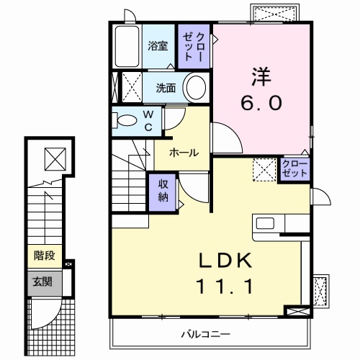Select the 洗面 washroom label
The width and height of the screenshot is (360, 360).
pos(166,89)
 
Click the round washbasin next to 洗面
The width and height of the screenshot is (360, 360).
pos(196,89)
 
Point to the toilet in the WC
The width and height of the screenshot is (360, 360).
pos(128,120)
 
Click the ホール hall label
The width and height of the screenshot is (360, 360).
pos(184,153)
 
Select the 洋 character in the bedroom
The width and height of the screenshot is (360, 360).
pos(261,75)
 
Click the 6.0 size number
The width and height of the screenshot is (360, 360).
pos(261,103)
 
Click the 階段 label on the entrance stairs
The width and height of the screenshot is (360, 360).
pos(44,255)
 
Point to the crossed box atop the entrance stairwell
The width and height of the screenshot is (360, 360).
pos(53,156)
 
